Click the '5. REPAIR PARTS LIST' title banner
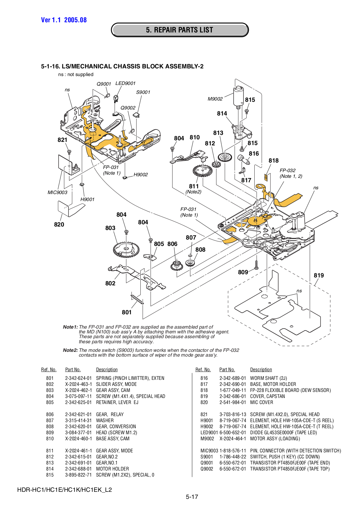tap(180, 30)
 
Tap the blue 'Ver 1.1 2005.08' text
tap(64, 20)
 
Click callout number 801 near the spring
tap(127, 312)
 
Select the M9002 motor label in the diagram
tap(215, 99)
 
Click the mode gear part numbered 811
tap(202, 171)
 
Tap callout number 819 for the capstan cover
tap(319, 275)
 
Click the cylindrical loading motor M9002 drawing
tap(238, 96)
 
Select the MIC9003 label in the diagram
tap(57, 192)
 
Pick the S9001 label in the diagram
tap(143, 92)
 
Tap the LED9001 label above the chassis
tap(125, 83)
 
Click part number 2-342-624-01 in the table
tap(78, 378)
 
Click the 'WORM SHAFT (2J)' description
tap(268, 378)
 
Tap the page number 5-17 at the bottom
tap(192, 497)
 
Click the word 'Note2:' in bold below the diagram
tap(70, 350)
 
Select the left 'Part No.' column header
tap(73, 370)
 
